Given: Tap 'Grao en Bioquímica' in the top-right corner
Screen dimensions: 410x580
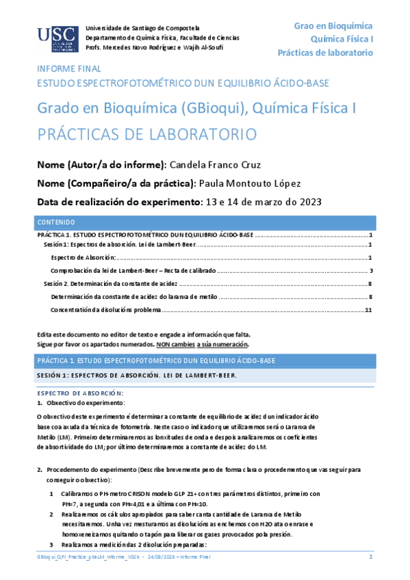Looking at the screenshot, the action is (x=333, y=25).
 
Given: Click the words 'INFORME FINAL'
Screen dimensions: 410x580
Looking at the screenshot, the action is (x=69, y=69).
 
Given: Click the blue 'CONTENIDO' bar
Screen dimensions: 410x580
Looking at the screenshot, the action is (x=205, y=222).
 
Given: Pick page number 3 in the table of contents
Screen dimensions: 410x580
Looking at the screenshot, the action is (x=370, y=271).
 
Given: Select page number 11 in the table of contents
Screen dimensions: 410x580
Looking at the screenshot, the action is (x=368, y=311).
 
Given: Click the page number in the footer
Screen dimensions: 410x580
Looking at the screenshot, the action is (x=370, y=558).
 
